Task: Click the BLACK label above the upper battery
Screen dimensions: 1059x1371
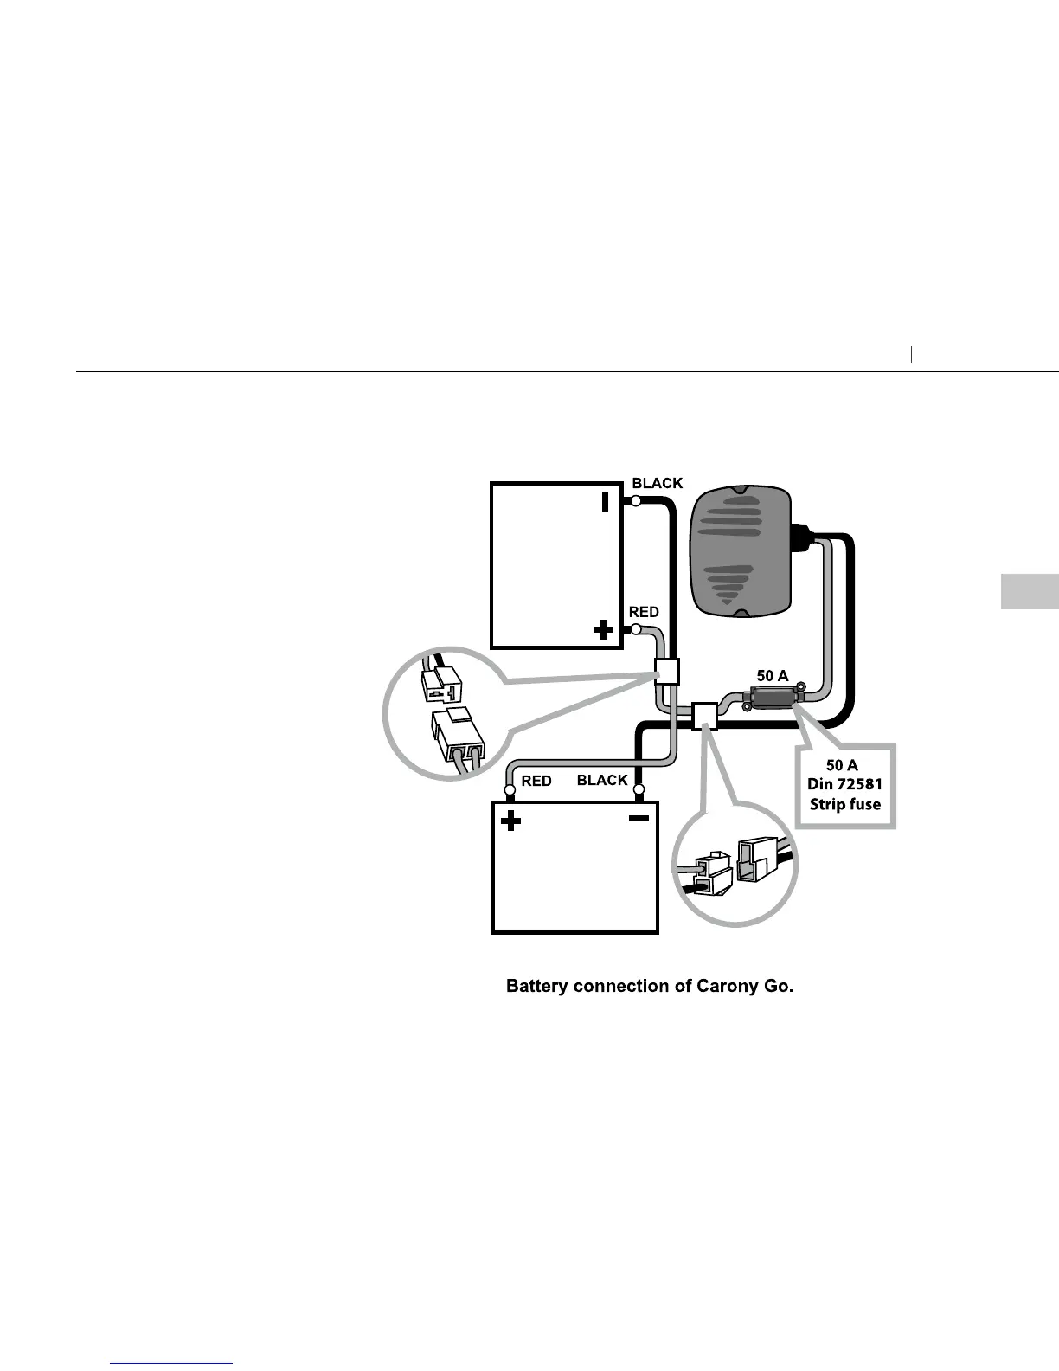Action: tap(658, 483)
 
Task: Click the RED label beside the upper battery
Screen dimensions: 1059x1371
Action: tap(644, 612)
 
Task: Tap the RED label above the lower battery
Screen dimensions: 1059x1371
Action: tap(536, 781)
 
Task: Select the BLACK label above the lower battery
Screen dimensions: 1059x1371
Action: tap(602, 780)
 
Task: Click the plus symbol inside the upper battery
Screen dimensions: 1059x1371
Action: tap(603, 630)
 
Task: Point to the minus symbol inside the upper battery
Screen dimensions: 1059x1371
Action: tap(606, 501)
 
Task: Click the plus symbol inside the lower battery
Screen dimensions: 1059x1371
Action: tap(511, 821)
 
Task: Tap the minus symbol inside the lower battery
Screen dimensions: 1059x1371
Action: tap(639, 819)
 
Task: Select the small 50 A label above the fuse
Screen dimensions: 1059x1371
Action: tap(773, 676)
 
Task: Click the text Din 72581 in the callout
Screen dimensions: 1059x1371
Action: tap(844, 785)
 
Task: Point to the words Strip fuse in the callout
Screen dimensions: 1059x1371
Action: tap(844, 804)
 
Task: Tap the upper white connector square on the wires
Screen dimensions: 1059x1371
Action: tap(666, 671)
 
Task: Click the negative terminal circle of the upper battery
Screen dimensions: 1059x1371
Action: tap(636, 501)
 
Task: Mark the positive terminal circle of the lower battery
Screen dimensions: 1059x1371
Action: tap(510, 789)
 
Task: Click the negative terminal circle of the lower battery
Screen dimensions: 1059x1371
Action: tap(639, 789)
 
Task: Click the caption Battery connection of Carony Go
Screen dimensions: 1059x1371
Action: tap(649, 986)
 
